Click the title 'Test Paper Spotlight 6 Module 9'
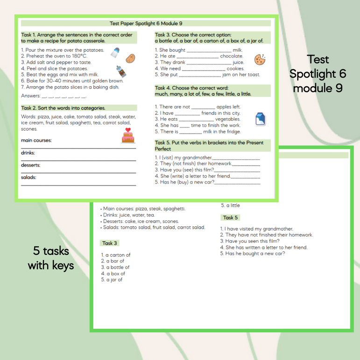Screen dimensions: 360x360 (x=146, y=23)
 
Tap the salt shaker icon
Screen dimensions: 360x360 (x=115, y=53)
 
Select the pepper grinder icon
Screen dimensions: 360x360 (x=121, y=72)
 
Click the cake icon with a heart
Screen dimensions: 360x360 (x=127, y=135)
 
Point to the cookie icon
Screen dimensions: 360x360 (x=260, y=59)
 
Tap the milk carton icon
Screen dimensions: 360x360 (x=261, y=119)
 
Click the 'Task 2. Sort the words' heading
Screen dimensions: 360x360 (x=63, y=108)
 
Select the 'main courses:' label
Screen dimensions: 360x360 (x=36, y=140)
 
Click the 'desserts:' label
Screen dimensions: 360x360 (x=30, y=165)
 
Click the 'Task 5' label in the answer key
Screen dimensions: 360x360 (x=230, y=218)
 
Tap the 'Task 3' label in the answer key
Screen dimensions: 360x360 (x=110, y=243)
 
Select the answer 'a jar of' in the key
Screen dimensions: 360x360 (x=112, y=280)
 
